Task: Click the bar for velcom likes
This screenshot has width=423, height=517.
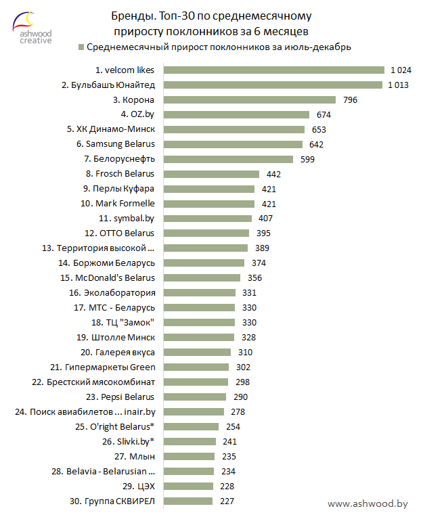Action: pyautogui.click(x=274, y=70)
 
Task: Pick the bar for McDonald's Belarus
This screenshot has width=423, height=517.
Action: pyautogui.click(x=202, y=277)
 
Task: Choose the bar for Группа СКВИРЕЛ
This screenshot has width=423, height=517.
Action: pyautogui.click(x=189, y=501)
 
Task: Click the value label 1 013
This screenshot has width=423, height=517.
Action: pyautogui.click(x=399, y=85)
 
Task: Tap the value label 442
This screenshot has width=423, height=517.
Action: pyautogui.click(x=273, y=174)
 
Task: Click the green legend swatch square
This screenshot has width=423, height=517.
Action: pyautogui.click(x=81, y=47)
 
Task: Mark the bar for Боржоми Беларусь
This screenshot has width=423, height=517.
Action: pyautogui.click(x=204, y=263)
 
